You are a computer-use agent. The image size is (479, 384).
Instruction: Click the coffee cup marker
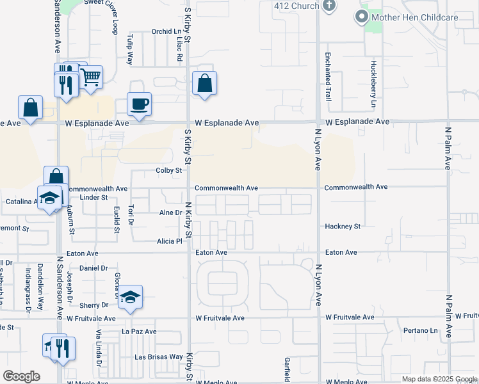tap(139, 104)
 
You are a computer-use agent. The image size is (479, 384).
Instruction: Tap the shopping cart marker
tap(90, 77)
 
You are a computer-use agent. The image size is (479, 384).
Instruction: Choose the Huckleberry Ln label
tap(373, 84)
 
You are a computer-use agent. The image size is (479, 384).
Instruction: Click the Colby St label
tap(170, 170)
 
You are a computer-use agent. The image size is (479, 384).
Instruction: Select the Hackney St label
tap(343, 227)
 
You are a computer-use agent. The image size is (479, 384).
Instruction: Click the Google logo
tap(21, 376)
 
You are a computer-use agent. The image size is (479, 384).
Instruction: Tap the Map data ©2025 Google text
tap(440, 379)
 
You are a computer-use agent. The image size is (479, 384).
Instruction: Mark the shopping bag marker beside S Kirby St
tap(204, 84)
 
